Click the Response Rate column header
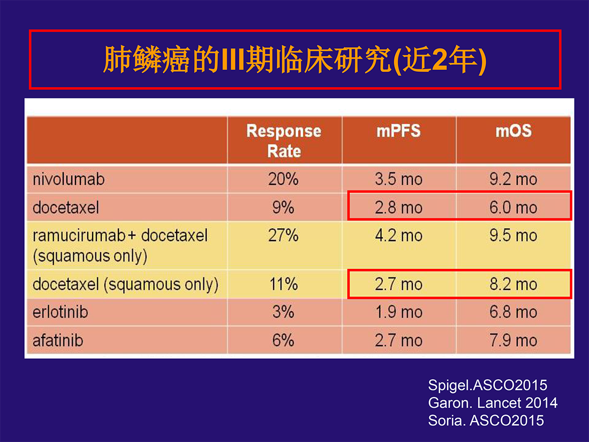click(284, 141)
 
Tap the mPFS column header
click(398, 131)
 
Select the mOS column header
click(514, 131)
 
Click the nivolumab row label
click(69, 179)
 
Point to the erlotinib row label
click(60, 312)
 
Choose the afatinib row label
click(58, 341)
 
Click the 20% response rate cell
click(283, 179)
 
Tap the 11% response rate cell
click(283, 284)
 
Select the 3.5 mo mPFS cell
click(398, 179)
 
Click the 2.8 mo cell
click(398, 207)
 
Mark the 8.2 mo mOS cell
click(513, 284)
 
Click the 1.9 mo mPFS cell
click(398, 312)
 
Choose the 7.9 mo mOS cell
click(513, 341)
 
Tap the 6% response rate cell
click(283, 341)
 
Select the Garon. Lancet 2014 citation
click(493, 403)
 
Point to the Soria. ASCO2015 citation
click(486, 420)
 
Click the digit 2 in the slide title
click(439, 60)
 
